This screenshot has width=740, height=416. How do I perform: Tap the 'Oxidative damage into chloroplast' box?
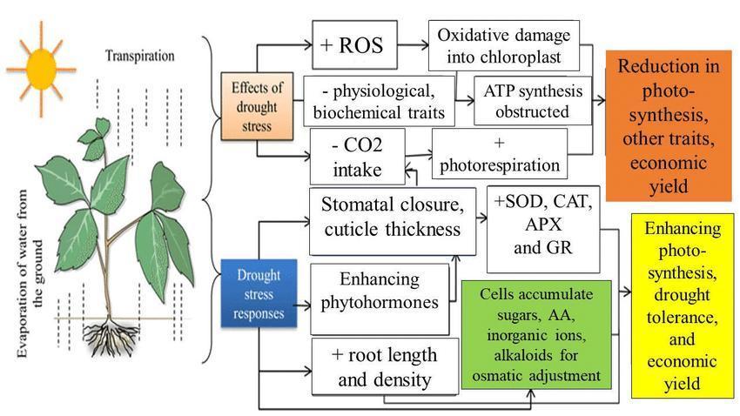[x=504, y=45]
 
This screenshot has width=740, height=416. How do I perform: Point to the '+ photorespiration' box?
[x=500, y=153]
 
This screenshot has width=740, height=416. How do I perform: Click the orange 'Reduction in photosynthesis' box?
[x=669, y=126]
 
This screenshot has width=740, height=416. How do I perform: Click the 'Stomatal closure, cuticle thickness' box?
[x=393, y=218]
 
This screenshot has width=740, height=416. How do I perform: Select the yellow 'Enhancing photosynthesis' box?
[x=683, y=306]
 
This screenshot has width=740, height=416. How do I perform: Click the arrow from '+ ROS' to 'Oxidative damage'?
[x=414, y=44]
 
